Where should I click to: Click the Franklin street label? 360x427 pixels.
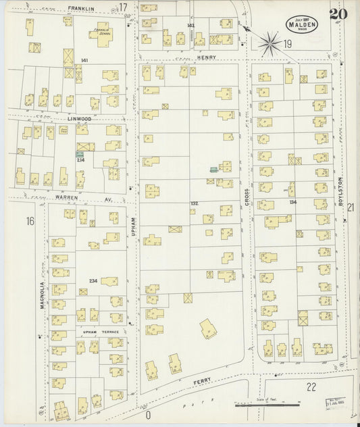tap(81, 9)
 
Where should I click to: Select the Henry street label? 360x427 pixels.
tap(207, 57)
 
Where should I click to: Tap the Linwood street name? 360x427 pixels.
tap(79, 118)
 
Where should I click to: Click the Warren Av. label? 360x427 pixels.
tap(87, 199)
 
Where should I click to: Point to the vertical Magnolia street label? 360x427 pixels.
tap(42, 295)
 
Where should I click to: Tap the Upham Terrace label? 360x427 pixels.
tap(101, 332)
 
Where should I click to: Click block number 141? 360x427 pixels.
tap(84, 61)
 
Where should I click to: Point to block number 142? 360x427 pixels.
tap(190, 26)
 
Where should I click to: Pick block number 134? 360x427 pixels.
tap(292, 202)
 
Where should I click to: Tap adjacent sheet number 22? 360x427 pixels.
tap(311, 387)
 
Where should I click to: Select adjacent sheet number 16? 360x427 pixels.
tap(30, 221)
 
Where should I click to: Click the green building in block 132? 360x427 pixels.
tap(213, 170)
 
